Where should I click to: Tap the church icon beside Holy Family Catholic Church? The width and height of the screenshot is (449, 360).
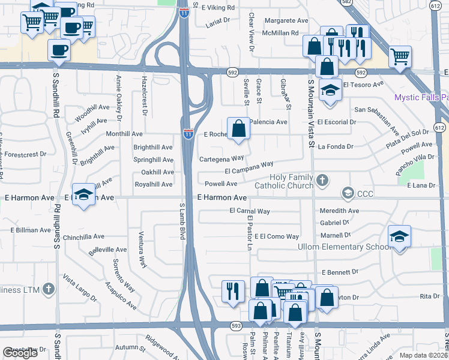322,179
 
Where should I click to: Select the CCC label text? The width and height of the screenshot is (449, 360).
365,193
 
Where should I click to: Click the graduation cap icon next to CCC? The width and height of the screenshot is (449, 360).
347,193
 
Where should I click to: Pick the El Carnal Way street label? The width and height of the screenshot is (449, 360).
250,211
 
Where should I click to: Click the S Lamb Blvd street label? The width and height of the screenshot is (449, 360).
182,221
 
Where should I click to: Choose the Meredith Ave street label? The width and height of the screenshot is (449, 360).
339,211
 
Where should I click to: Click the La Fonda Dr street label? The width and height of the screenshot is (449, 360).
336,146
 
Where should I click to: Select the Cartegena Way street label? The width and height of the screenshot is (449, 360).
221,159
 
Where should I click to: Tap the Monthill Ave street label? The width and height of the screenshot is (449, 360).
124,134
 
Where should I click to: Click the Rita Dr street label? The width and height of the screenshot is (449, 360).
429,296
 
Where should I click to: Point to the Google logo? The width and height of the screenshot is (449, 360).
20,353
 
